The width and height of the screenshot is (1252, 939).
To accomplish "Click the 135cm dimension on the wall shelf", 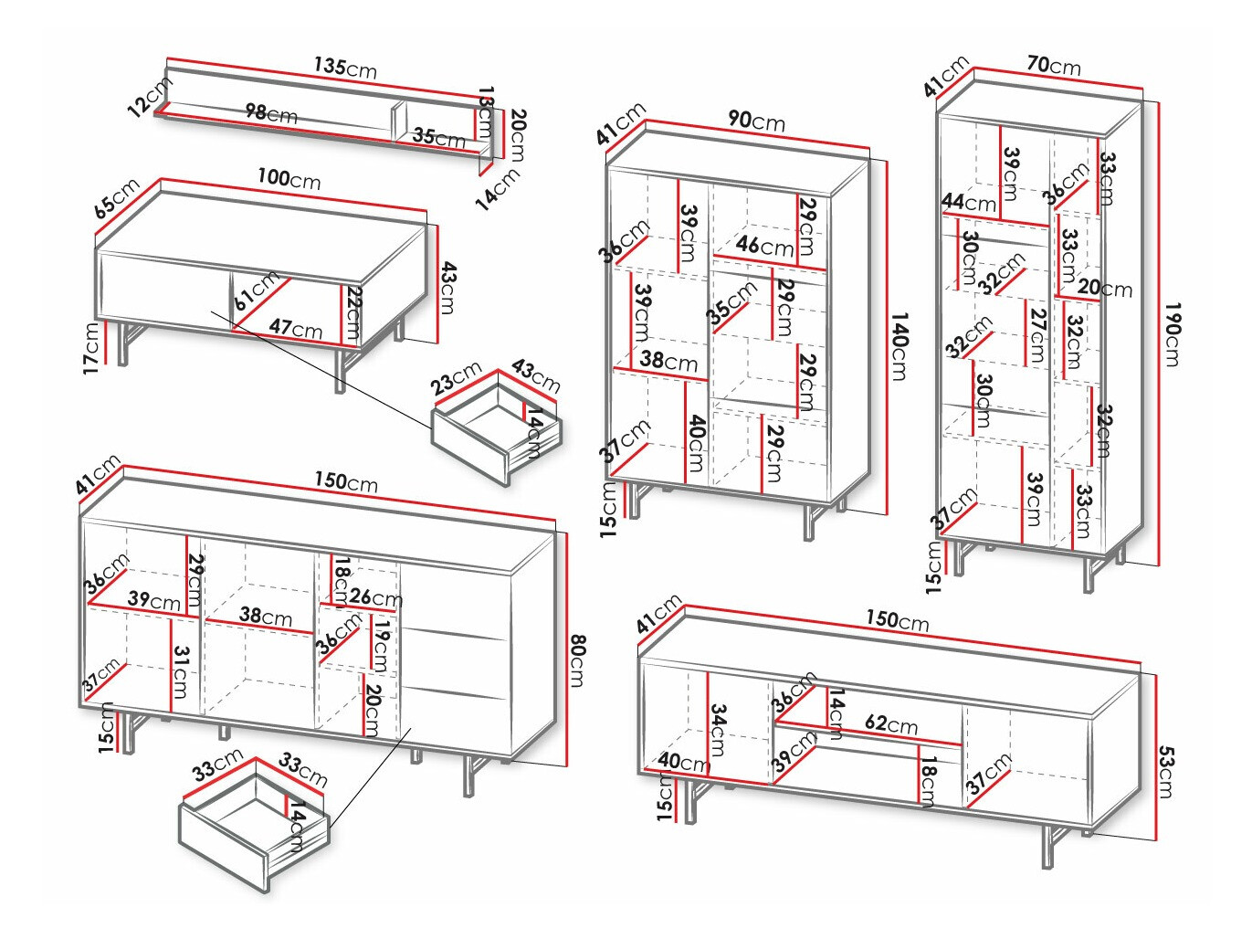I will click(x=345, y=67).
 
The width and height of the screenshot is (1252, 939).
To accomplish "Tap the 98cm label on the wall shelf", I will click(x=271, y=113).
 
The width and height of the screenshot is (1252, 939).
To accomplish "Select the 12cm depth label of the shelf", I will click(x=150, y=96).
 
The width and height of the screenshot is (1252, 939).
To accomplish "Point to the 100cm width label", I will click(x=289, y=178).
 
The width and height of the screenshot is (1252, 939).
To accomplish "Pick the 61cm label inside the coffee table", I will click(x=257, y=290).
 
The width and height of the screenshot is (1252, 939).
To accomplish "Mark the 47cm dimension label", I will click(x=295, y=328).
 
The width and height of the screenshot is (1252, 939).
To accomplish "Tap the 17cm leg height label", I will click(x=91, y=347).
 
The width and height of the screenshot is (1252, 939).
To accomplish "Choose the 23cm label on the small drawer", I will click(x=456, y=378).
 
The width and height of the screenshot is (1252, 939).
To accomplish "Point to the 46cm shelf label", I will click(x=764, y=245).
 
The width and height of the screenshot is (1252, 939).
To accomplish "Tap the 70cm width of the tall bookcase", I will click(x=1053, y=65).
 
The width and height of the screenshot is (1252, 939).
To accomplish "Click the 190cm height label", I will click(x=1173, y=333).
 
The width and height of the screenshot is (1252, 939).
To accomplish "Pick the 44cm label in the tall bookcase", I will click(x=969, y=202).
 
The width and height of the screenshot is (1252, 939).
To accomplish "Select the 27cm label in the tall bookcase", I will click(x=1036, y=335).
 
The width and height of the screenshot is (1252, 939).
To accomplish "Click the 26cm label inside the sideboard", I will click(x=375, y=598).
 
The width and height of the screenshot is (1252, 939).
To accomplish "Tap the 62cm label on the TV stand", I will click(x=891, y=724).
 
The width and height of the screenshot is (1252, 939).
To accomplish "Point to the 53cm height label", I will click(x=1166, y=772).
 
